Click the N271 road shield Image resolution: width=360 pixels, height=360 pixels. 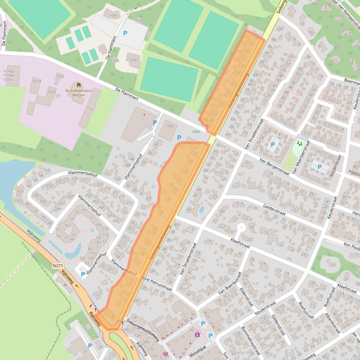[58, 266]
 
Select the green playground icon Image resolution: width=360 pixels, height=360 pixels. [299, 144]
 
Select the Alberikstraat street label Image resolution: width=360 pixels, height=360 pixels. [333, 322]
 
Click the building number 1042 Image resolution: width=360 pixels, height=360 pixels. [169, 126]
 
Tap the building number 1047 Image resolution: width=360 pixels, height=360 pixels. [135, 60]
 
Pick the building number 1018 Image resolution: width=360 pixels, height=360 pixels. [37, 81]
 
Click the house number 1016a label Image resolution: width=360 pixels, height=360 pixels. [8, 71]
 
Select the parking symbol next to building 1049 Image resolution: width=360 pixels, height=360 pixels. [125, 33]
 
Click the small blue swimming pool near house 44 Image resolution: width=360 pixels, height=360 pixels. [201, 210]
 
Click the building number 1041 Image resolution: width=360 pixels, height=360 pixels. [114, 16]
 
